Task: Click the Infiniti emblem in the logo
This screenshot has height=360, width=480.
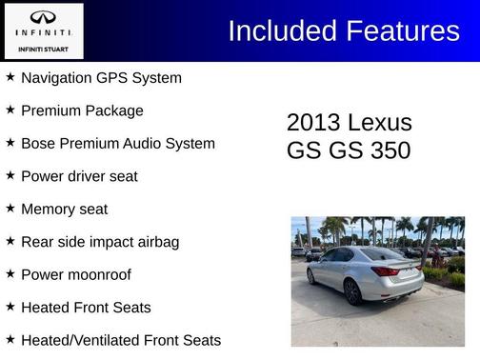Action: [x=43, y=17]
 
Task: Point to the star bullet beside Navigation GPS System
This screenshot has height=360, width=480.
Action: [x=10, y=77]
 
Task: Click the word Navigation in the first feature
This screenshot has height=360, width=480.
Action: [x=59, y=78]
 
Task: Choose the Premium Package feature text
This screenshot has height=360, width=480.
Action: [x=82, y=110]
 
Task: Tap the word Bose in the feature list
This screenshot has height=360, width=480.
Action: [x=40, y=144]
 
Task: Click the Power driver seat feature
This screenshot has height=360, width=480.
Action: [x=79, y=176]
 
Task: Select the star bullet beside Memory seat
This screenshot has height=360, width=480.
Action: [x=10, y=209]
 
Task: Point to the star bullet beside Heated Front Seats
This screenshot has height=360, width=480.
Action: [x=10, y=307]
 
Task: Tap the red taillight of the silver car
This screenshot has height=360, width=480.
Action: [x=386, y=271]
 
